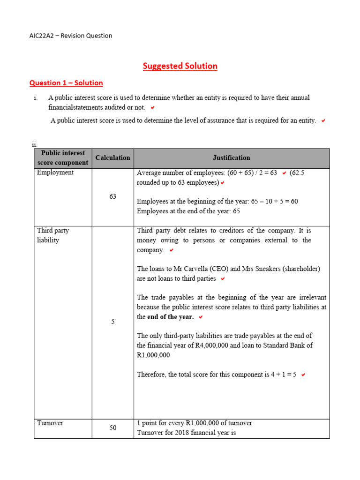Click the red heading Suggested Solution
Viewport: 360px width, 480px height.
pos(180,66)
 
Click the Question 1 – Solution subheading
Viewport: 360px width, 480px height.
pos(66,83)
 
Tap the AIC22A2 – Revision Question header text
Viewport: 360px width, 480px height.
pos(70,36)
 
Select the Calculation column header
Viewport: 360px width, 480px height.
pos(112,158)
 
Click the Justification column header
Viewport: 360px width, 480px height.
pos(231,158)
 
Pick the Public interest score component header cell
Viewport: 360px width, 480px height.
pos(63,158)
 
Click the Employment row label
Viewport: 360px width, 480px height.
pos(55,172)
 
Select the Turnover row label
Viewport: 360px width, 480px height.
pos(50,423)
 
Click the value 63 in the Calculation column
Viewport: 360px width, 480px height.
pos(112,197)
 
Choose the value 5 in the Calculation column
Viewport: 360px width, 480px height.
pos(112,322)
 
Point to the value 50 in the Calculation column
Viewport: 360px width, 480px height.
pos(112,428)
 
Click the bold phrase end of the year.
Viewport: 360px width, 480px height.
pos(170,317)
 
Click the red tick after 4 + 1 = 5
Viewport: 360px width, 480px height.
pos(303,375)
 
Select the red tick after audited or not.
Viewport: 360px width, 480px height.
pos(153,107)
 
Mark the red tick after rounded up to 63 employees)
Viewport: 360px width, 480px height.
pos(223,183)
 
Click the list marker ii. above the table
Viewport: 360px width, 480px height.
pos(34,144)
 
